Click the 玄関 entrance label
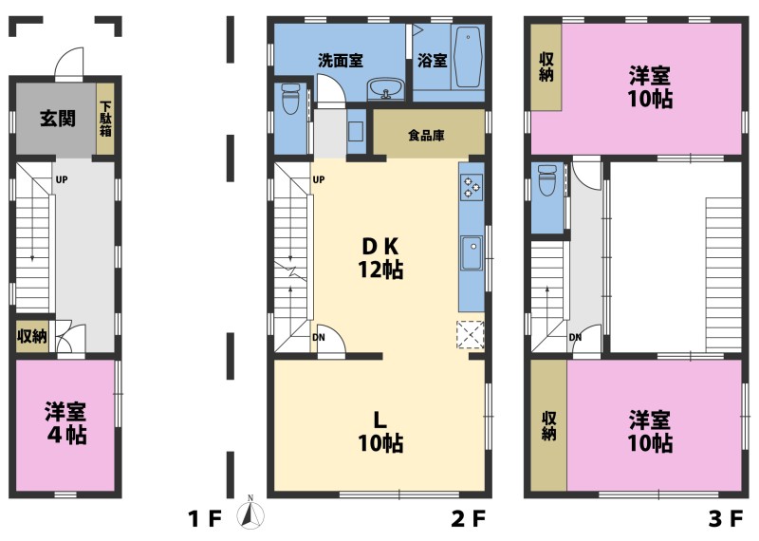pyautogui.click(x=58, y=119)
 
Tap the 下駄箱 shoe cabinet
pyautogui.click(x=105, y=119)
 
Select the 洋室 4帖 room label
pyautogui.click(x=65, y=422)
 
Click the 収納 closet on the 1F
pyautogui.click(x=32, y=336)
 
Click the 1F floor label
pyautogui.click(x=204, y=519)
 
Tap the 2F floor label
pyautogui.click(x=468, y=519)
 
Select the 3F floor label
pyautogui.click(x=726, y=519)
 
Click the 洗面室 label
pyautogui.click(x=341, y=61)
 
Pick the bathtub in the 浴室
pyautogui.click(x=469, y=57)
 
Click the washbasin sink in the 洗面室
pyautogui.click(x=386, y=88)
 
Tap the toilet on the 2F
pyautogui.click(x=290, y=99)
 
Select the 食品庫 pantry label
pyautogui.click(x=426, y=135)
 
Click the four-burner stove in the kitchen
pyautogui.click(x=472, y=187)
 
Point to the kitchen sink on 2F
pyautogui.click(x=471, y=253)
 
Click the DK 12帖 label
pyautogui.click(x=380, y=258)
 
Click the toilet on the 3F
pyautogui.click(x=547, y=180)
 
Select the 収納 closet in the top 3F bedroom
pyautogui.click(x=546, y=67)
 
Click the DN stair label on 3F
pyautogui.click(x=575, y=337)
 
